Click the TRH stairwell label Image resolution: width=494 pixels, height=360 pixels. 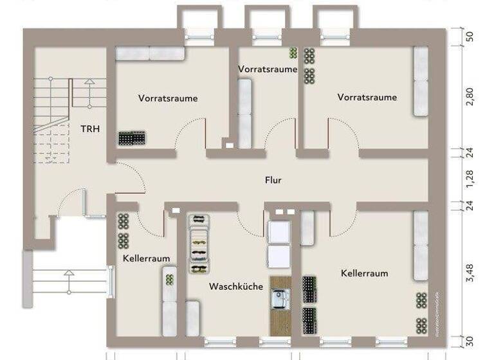90,129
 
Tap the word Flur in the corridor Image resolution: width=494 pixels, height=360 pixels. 273,181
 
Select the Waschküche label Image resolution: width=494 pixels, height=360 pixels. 235,287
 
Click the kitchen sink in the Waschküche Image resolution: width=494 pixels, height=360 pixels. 280,297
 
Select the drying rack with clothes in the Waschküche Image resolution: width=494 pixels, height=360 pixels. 198,244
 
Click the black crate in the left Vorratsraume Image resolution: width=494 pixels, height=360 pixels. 132,138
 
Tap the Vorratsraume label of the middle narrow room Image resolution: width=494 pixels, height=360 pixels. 268,69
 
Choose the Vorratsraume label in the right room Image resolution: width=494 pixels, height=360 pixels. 367,98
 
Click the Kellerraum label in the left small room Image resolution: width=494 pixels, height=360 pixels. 146,258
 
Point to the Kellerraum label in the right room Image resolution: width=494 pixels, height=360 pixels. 364,273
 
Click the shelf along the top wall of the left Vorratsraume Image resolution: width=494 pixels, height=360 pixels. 150,53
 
